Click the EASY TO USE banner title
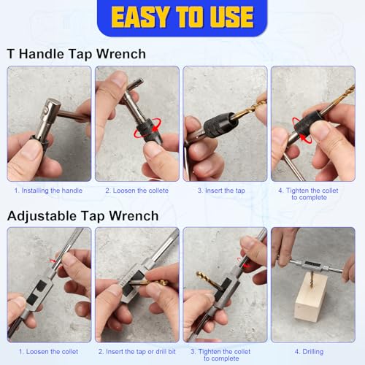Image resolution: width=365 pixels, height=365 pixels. click(x=182, y=16)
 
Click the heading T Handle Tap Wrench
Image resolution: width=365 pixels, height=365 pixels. click(x=76, y=53)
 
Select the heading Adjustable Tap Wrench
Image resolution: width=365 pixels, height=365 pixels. click(x=82, y=215)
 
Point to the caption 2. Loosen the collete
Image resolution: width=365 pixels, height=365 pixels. click(x=137, y=191)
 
